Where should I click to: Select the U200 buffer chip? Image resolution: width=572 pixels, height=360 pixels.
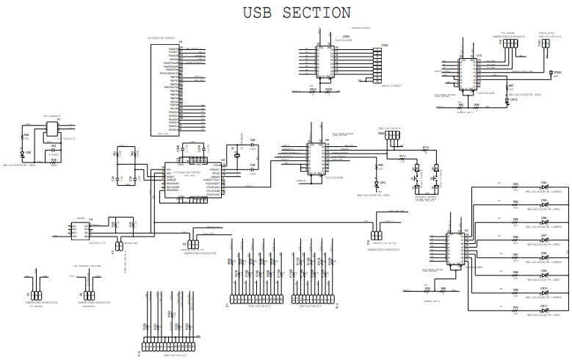pos(324,61)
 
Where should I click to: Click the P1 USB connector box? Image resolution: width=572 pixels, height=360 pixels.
pos(51,129)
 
